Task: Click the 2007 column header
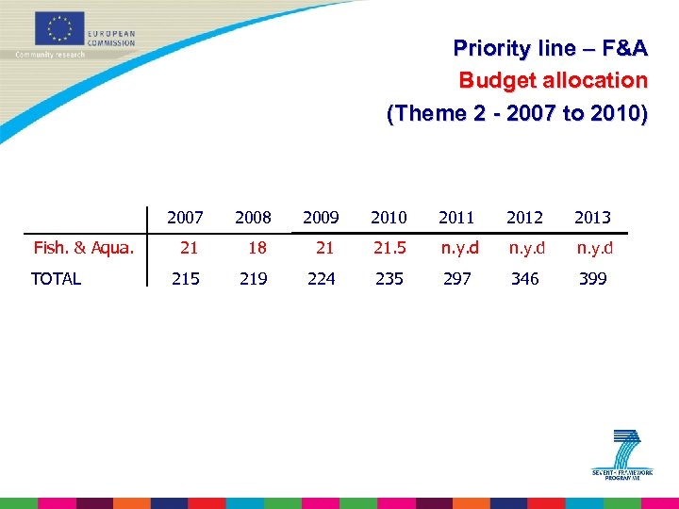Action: coord(185,218)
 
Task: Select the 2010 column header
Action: coord(389,218)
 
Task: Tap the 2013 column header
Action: coord(592,218)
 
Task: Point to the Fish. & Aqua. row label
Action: coord(84,248)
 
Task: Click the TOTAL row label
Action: coord(57,278)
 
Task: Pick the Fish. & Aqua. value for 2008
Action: coord(257,248)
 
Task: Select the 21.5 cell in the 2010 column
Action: coord(389,248)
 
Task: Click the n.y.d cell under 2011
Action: coord(460,248)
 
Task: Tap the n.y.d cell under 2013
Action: coord(595,248)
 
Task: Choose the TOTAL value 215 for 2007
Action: coord(186,278)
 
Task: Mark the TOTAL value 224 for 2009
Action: coord(322,278)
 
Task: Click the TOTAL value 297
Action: coord(457,278)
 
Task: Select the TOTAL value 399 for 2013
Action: coord(593,278)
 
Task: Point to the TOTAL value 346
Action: coord(525,278)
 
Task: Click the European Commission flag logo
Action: coord(60,29)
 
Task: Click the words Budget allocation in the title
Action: coord(553,80)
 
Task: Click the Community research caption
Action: coord(50,55)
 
